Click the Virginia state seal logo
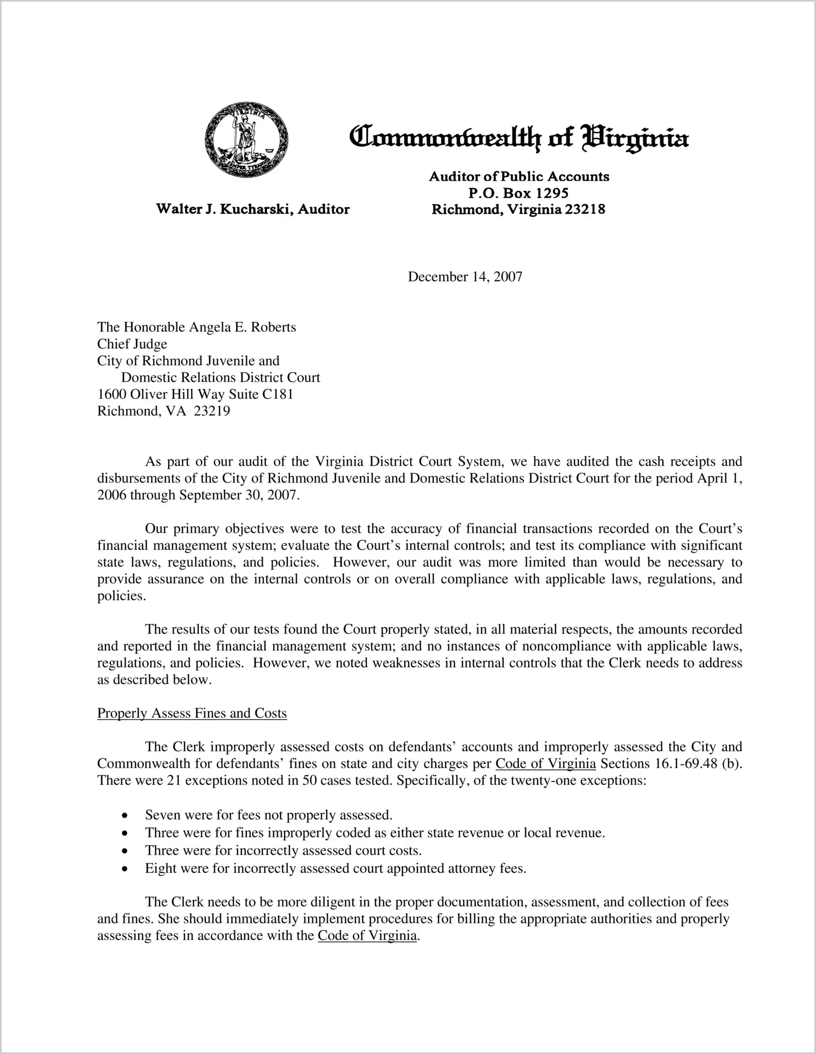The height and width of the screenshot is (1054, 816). click(246, 139)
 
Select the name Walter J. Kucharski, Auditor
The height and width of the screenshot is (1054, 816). click(253, 209)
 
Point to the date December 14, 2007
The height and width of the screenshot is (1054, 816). click(465, 277)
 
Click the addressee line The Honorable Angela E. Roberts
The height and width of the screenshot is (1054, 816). click(197, 327)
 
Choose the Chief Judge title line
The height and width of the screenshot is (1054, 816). click(132, 344)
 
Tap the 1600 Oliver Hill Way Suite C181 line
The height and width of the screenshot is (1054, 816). click(195, 394)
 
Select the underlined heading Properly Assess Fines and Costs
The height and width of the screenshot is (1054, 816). click(192, 713)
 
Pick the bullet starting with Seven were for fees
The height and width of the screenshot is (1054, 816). click(269, 815)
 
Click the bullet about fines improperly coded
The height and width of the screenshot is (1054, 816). click(375, 833)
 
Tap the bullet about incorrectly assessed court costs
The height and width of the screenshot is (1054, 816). click(283, 850)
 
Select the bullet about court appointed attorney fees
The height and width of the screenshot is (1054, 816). click(335, 868)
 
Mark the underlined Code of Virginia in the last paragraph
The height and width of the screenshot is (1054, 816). click(367, 936)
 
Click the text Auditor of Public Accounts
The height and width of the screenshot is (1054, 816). click(519, 176)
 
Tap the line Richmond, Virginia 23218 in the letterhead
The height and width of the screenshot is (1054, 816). click(518, 210)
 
